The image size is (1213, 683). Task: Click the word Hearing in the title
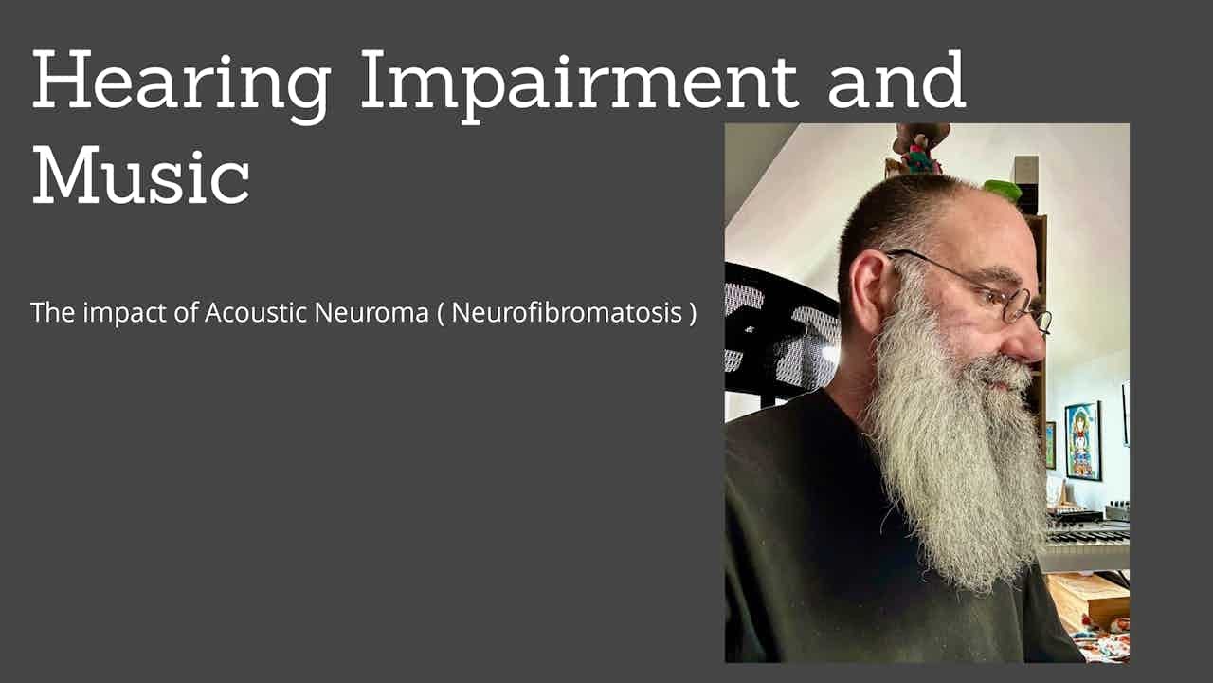pyautogui.click(x=180, y=83)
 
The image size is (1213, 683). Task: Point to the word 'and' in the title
pyautogui.click(x=896, y=83)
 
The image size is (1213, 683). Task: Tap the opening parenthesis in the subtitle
pyautogui.click(x=440, y=313)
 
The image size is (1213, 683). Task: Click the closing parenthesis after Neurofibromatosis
pyautogui.click(x=692, y=313)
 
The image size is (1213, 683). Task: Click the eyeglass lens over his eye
pyautogui.click(x=1016, y=304)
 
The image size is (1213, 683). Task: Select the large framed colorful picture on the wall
pyautogui.click(x=1082, y=440)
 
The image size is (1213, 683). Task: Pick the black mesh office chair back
pyautogui.click(x=777, y=332)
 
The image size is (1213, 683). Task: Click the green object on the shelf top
pyautogui.click(x=1003, y=190)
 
